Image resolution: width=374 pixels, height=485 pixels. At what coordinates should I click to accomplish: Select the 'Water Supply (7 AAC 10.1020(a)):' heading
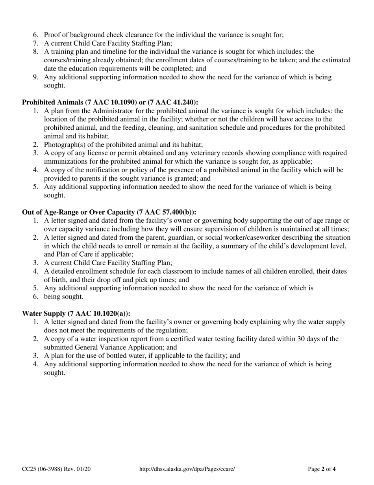tap(76, 313)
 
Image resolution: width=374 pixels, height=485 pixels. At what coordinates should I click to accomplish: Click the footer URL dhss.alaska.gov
tap(187, 469)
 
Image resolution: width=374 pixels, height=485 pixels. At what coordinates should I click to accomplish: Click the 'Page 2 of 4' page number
tap(322, 469)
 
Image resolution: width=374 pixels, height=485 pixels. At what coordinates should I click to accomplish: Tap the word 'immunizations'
tap(64, 161)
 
